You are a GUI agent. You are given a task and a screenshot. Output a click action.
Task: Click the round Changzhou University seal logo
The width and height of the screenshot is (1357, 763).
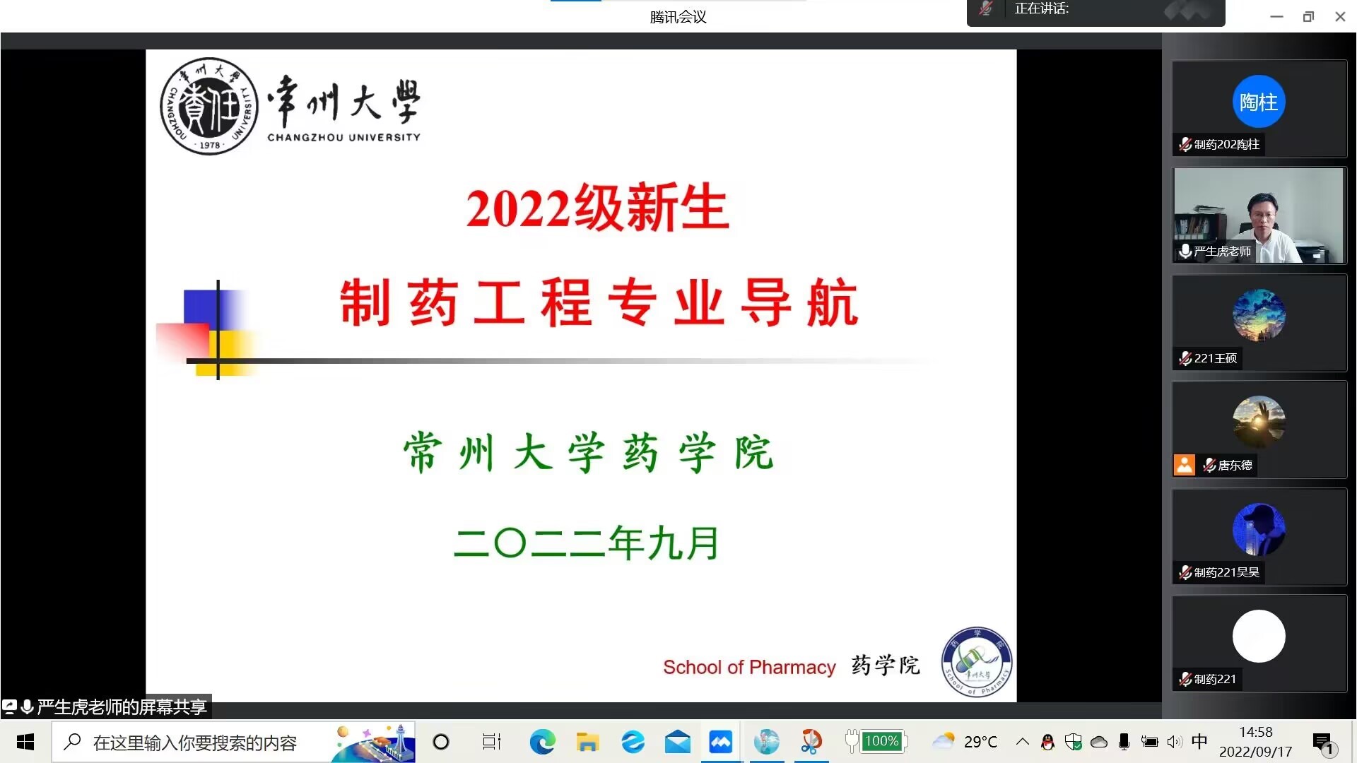[x=209, y=106]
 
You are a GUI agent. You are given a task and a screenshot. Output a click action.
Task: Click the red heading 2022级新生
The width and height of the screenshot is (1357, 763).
[x=597, y=208]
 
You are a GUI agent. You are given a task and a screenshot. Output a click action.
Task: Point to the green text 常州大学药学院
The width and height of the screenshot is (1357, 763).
[x=589, y=452]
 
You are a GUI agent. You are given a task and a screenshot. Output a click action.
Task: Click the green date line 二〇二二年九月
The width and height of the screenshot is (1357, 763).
[x=586, y=543]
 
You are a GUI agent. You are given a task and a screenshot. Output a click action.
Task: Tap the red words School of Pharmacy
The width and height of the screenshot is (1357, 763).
[x=749, y=667]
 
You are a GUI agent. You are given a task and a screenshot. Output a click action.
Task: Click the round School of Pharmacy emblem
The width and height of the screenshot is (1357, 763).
[x=977, y=662]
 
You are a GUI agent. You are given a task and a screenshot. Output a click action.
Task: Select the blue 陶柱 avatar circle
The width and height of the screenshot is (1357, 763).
[x=1259, y=102]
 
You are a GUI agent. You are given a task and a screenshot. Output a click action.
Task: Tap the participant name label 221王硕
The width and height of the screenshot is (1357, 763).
[x=1215, y=358]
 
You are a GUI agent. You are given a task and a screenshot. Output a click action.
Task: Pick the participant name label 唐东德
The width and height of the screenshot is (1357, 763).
[x=1235, y=465]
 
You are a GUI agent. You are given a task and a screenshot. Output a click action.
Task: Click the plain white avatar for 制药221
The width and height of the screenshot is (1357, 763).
[x=1259, y=637]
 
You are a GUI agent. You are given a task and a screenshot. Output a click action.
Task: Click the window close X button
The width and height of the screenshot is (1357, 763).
[x=1340, y=17]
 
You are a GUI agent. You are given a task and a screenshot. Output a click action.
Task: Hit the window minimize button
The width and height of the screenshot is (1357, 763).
[x=1276, y=17]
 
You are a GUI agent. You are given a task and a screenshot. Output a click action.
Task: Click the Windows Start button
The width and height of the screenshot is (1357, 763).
[x=25, y=742]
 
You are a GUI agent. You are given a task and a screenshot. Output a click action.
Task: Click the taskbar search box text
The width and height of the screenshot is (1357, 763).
[x=194, y=743]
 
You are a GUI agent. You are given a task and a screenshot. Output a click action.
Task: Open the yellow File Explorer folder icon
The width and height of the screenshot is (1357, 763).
[x=587, y=742]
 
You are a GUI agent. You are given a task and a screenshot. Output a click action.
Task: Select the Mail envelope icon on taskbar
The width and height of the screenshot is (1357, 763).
[x=678, y=742]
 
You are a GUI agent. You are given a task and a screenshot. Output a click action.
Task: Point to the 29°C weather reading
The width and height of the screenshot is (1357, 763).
[x=981, y=742]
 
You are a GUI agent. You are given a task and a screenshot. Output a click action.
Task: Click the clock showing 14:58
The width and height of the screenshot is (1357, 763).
[x=1256, y=733]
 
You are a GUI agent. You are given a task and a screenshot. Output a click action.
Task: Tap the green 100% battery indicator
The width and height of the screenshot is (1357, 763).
[x=881, y=741]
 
